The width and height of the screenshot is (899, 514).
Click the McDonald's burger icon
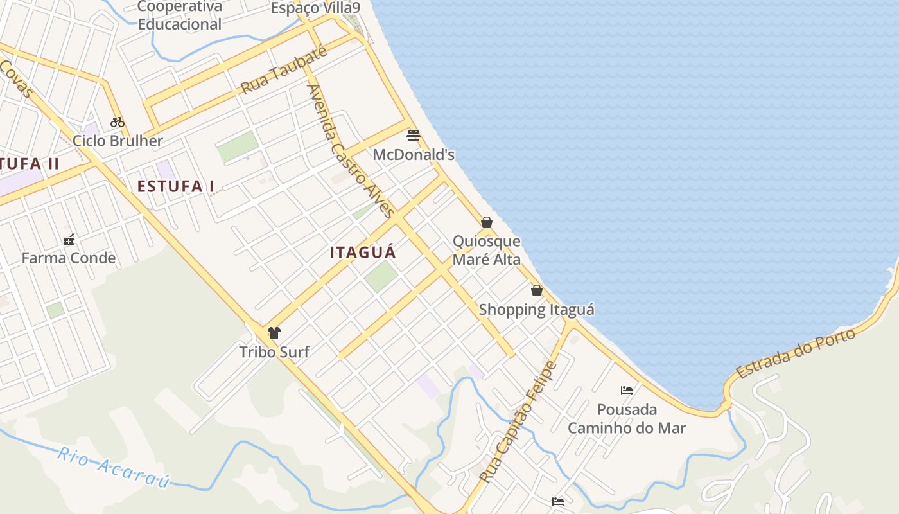click(x=414, y=136)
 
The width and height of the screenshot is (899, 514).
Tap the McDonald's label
click(x=414, y=155)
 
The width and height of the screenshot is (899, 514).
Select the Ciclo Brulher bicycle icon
click(x=117, y=121)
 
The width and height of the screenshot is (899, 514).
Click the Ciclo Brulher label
click(x=118, y=141)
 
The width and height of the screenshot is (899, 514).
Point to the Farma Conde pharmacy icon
click(x=69, y=240)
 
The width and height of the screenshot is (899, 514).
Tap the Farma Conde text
click(x=69, y=258)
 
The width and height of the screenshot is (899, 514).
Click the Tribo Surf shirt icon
click(x=274, y=332)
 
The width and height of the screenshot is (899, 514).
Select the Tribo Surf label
click(x=274, y=352)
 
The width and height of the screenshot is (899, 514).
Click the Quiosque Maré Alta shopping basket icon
click(x=487, y=222)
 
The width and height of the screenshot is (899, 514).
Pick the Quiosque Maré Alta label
click(x=487, y=251)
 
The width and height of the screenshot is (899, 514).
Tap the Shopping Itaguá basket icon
click(x=537, y=290)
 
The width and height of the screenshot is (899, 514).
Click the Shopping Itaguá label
click(x=537, y=310)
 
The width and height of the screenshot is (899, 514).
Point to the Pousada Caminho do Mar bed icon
click(x=627, y=390)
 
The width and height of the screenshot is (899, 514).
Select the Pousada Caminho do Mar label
click(x=627, y=419)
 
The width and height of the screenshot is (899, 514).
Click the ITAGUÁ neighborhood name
click(x=363, y=253)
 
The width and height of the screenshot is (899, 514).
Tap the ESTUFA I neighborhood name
click(x=176, y=186)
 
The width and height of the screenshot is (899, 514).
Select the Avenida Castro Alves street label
click(x=350, y=152)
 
